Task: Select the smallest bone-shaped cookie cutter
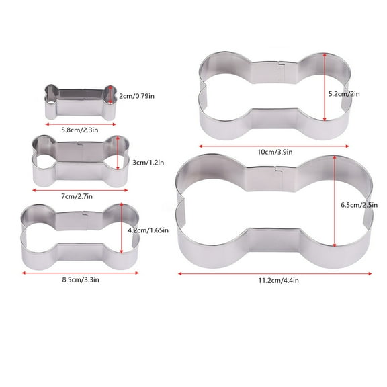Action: click(75, 101)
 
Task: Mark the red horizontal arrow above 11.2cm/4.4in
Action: click(273, 273)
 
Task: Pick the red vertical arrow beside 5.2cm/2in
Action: click(325, 87)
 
